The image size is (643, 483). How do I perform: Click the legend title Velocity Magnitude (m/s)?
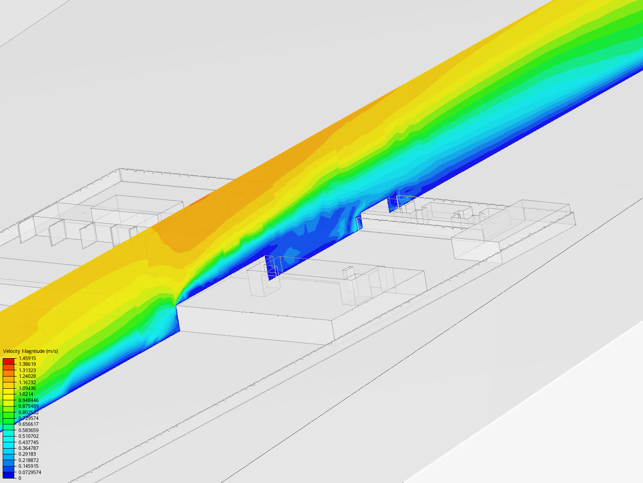pos(30,351)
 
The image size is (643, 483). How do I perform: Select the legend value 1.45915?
pos(27,358)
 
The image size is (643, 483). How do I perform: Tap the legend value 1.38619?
pos(27,364)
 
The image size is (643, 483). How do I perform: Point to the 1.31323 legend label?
pos(27,370)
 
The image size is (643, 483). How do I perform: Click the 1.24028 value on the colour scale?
pos(27,376)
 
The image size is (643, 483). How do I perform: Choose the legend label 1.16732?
pos(27,382)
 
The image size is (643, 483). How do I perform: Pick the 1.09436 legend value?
pos(27,388)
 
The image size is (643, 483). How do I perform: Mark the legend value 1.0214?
pos(26,394)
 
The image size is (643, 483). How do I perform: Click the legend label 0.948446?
pos(29,400)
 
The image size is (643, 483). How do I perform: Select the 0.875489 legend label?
pos(29,406)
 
